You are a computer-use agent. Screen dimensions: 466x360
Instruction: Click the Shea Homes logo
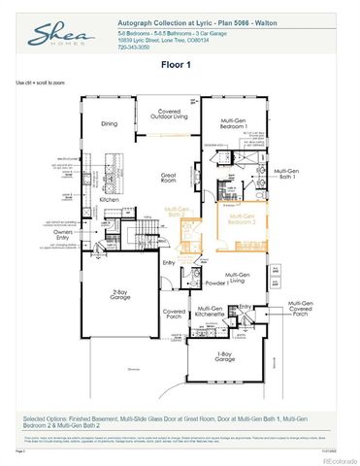point(53,38)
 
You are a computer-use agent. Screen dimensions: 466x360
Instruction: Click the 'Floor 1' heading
point(180,65)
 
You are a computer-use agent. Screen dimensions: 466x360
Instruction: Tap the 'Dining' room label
point(110,123)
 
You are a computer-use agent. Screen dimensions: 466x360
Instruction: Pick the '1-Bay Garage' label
point(232,356)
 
